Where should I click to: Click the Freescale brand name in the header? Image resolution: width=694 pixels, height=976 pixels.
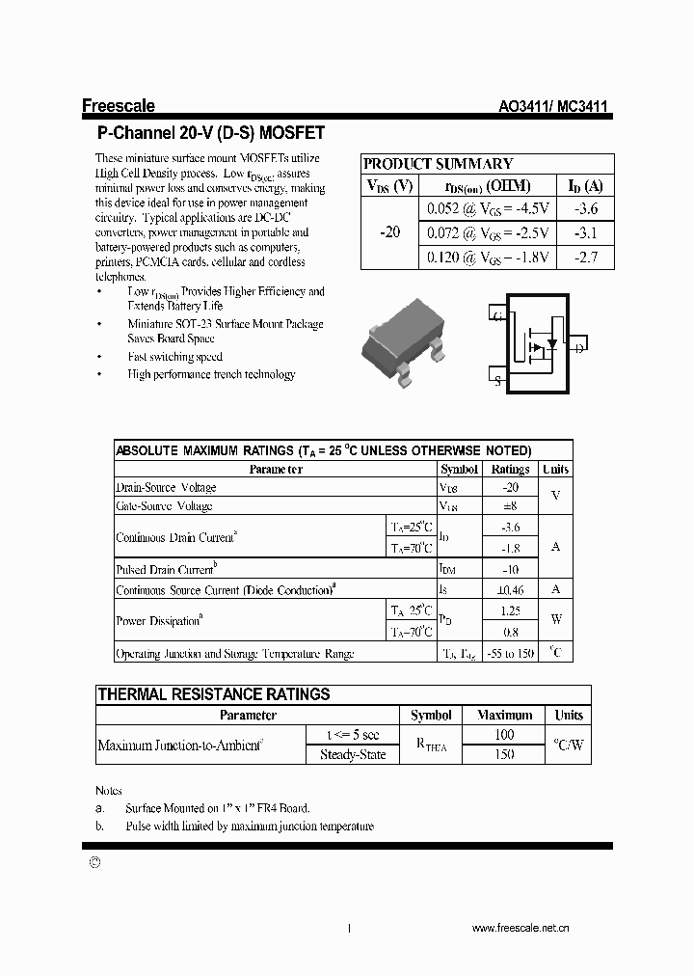(x=118, y=107)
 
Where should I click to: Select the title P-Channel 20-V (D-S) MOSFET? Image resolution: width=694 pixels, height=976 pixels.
(x=211, y=133)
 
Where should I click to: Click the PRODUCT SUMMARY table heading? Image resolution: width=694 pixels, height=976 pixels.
(x=438, y=164)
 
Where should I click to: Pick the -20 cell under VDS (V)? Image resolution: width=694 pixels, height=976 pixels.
(x=390, y=233)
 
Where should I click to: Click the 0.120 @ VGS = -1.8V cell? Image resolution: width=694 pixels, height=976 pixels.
(x=488, y=258)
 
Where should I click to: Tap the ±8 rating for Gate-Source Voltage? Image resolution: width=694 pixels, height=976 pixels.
(x=510, y=506)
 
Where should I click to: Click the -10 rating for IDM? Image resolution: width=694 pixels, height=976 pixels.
(x=510, y=570)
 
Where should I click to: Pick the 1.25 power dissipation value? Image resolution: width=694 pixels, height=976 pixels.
(x=510, y=611)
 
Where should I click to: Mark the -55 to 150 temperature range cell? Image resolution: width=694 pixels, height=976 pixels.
(x=510, y=654)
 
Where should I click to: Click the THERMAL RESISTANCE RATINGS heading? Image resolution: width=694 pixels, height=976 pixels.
(x=214, y=694)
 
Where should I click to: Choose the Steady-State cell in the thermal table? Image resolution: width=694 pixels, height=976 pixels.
(x=353, y=755)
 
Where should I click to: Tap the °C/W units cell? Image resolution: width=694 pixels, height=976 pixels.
(x=569, y=746)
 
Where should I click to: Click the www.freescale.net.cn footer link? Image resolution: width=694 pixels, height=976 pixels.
(x=520, y=928)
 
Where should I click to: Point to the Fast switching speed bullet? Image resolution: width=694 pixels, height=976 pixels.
(x=174, y=357)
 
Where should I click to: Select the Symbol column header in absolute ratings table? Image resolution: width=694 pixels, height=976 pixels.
(x=459, y=470)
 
